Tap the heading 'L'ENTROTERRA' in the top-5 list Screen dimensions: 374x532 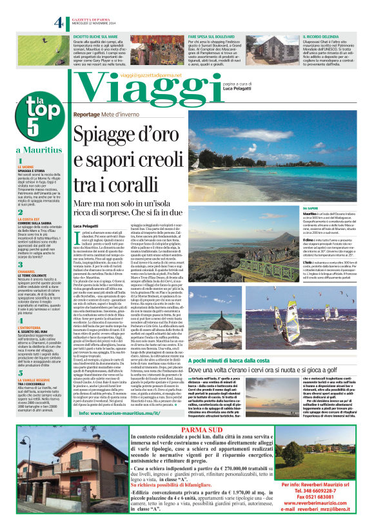coord(30,328)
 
